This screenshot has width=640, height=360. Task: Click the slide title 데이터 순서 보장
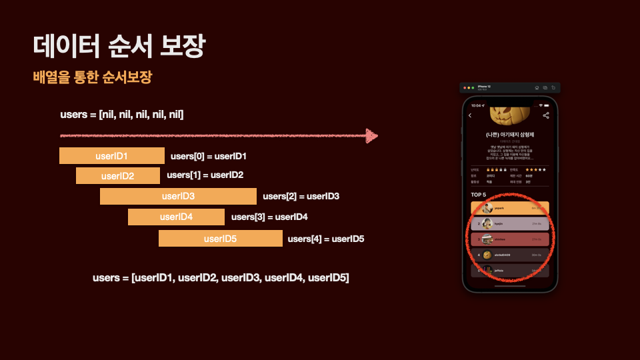pos(119,47)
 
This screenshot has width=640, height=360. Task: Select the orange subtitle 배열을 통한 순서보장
pos(93,77)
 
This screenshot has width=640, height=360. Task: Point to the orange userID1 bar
pos(111,156)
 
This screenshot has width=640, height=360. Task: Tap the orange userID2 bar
pos(117,176)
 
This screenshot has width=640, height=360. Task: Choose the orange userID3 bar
pos(178,196)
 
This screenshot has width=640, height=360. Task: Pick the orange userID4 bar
pos(176,217)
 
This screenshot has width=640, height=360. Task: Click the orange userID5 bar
pos(220,238)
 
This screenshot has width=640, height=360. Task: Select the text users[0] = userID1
pos(209,156)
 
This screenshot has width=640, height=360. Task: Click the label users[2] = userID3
pos(301,196)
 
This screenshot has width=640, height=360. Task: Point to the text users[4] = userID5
pos(325,238)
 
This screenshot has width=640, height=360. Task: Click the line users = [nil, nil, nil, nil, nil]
pos(122,115)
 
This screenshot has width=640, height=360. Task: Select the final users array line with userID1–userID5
pos(221,277)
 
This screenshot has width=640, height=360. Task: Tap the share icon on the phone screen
pos(546,115)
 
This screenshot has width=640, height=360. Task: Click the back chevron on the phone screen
pos(470,115)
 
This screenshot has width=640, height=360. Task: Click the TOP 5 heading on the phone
pos(479,195)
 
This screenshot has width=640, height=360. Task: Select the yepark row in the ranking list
pos(509,208)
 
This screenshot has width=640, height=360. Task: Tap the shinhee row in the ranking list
pos(509,239)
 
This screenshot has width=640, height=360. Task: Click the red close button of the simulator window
pos(464,88)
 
